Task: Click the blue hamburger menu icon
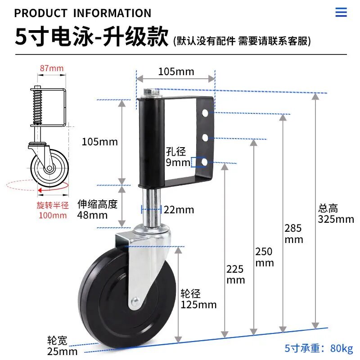pos(341,12)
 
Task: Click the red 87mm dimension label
pos(52,68)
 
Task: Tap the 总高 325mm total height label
pos(336,214)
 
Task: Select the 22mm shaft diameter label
pos(179,210)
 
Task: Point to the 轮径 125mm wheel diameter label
pos(198,299)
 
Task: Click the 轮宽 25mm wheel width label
pos(62,346)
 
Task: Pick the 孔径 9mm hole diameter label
pos(177,157)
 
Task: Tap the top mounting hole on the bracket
pos(205,113)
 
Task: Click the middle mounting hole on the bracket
pos(205,138)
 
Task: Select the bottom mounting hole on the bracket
pos(204,162)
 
